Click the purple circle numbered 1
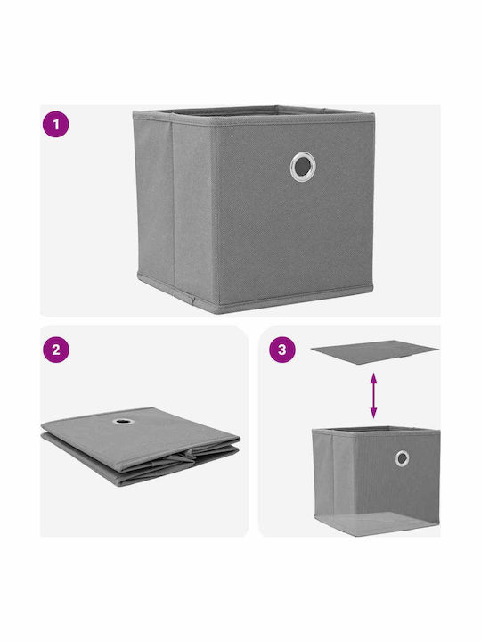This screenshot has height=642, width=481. point(55,124)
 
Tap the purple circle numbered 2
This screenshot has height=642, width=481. point(55,350)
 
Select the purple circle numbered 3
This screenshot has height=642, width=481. point(281,350)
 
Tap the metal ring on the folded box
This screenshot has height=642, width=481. point(124,421)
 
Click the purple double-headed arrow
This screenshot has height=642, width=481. point(373,396)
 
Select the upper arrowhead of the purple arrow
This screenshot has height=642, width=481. point(373,377)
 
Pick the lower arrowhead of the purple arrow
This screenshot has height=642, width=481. point(373,414)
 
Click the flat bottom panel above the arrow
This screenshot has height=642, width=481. point(374,351)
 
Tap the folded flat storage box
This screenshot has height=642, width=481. point(140,446)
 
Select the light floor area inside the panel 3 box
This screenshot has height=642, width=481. point(376,523)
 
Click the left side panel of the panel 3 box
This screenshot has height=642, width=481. point(323,475)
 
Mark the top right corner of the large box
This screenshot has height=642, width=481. point(374,113)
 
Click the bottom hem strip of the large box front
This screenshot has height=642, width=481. point(296,298)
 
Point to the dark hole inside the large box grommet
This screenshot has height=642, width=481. point(303,166)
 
